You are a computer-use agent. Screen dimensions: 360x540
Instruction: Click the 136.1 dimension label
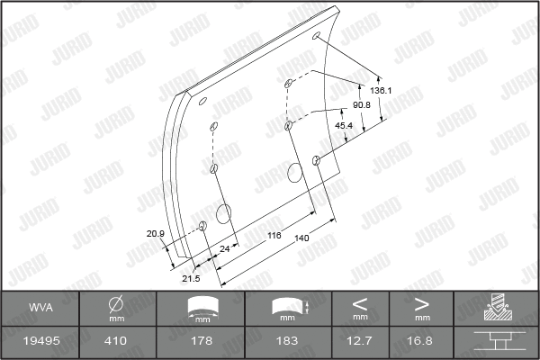[x=382, y=91]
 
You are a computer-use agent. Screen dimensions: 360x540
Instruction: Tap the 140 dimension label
[x=301, y=238]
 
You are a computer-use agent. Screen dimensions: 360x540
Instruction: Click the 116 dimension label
[x=274, y=234]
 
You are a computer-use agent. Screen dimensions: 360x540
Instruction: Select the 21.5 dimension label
[x=192, y=278]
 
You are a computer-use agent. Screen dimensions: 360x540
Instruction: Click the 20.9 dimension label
[x=155, y=234]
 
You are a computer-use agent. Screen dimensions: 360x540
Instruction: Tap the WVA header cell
[x=40, y=308]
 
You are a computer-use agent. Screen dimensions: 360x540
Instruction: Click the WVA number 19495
[x=40, y=342]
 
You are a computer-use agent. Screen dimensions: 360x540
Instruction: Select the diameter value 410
[x=116, y=342]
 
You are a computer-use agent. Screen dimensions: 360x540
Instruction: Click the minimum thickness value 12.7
[x=360, y=342]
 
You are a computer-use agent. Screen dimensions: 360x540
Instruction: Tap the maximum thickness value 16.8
[x=421, y=342]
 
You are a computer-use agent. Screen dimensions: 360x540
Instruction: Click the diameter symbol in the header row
[x=116, y=303]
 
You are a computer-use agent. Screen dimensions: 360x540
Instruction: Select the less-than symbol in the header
[x=360, y=303]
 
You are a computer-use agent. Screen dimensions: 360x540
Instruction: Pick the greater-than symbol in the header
[x=421, y=303]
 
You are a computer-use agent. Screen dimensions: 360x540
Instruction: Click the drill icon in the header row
[x=495, y=308]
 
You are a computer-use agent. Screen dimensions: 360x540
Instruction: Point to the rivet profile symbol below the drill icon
[x=495, y=342]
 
